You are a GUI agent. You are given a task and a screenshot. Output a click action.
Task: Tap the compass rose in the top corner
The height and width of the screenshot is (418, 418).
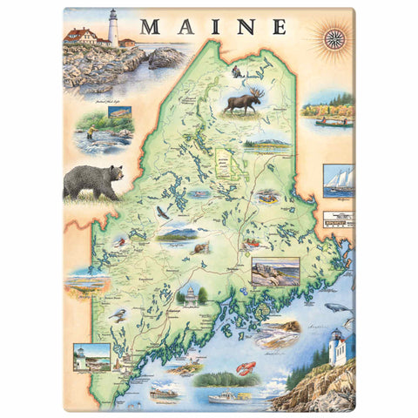(334, 37)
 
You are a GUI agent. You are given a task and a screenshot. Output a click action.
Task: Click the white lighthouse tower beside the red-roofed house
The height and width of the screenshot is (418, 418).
(111, 27)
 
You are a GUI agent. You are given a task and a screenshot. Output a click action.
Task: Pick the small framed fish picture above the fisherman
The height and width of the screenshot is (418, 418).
(121, 112)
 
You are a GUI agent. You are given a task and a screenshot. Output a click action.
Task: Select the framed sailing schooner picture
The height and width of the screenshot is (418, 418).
(338, 180)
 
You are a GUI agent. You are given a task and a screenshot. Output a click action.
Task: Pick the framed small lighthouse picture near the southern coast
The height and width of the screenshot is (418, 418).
(91, 357)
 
